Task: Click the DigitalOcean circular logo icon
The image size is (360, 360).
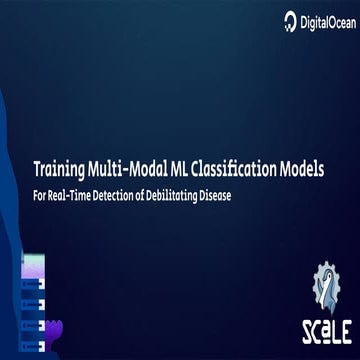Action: point(291,19)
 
